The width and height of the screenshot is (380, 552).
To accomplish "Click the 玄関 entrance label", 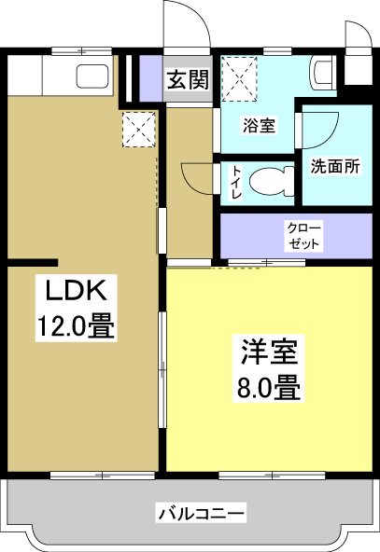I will point(187,80).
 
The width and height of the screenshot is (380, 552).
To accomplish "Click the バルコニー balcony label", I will point(201,513).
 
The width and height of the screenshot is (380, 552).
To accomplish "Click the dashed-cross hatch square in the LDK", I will point(139,130).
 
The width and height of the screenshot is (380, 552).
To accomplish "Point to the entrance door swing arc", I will point(181,21).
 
